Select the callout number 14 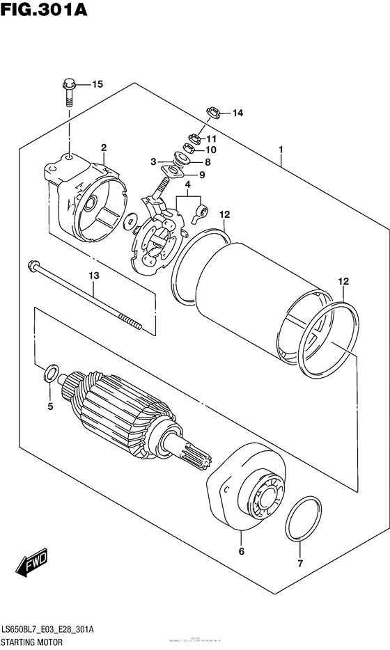[237, 113]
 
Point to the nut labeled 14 [213, 111]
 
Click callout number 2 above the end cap [103, 148]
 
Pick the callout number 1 [281, 149]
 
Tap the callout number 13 [94, 276]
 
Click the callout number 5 [50, 406]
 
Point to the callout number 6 [241, 552]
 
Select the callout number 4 [187, 184]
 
